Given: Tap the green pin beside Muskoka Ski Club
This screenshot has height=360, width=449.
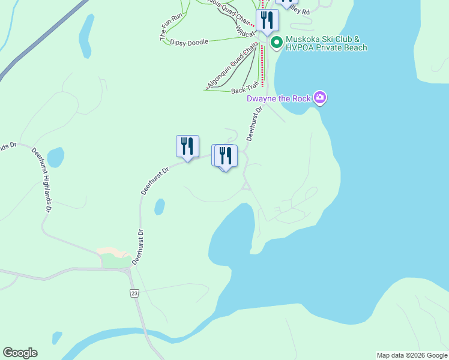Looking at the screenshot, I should [x=277, y=42].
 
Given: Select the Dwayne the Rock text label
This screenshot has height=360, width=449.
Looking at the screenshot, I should [x=280, y=98].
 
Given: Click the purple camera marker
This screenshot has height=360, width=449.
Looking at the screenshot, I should [x=320, y=98].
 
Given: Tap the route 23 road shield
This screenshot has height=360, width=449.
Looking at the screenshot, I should [x=133, y=293].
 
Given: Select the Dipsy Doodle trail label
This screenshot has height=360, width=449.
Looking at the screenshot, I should [x=189, y=42].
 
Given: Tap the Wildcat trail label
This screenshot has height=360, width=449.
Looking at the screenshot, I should [x=245, y=30].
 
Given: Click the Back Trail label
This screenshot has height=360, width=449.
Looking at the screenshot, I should [x=245, y=91].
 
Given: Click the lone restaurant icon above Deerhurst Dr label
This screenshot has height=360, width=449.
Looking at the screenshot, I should [x=187, y=146].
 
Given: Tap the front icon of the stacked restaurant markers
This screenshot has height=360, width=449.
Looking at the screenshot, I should [x=226, y=156].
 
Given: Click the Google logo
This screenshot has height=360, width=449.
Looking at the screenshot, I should [x=20, y=353].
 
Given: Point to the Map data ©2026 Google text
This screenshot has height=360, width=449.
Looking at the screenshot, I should [x=411, y=355].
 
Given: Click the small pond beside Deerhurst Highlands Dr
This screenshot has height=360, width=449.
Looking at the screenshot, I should [x=55, y=157].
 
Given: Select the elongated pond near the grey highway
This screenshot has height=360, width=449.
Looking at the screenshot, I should [x=86, y=36].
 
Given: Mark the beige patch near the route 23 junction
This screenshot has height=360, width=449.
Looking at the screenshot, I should [x=113, y=251].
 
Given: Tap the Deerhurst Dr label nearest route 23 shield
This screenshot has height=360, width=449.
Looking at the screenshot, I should [x=138, y=247].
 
